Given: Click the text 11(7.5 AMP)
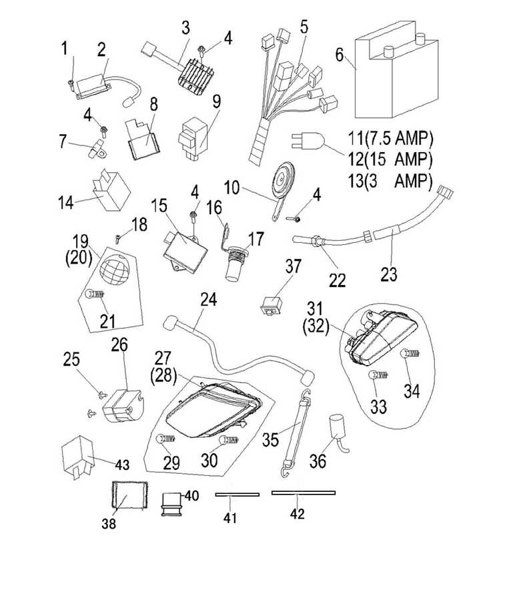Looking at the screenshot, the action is [x=390, y=138].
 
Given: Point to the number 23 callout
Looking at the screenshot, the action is [x=389, y=274].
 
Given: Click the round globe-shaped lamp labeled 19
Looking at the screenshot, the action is [x=114, y=270].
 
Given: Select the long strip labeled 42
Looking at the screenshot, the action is [x=304, y=493].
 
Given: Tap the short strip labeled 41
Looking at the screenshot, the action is [x=237, y=495].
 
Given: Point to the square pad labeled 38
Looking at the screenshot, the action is [x=130, y=495].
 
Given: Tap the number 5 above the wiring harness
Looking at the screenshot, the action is [x=304, y=27].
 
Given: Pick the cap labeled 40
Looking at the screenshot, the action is [x=171, y=504].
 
